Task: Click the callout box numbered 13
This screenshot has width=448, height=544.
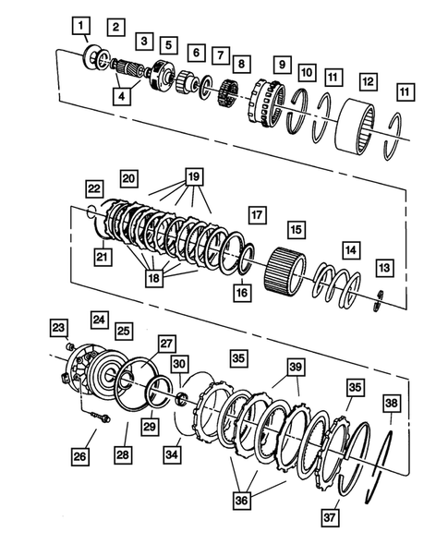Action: pyautogui.click(x=383, y=267)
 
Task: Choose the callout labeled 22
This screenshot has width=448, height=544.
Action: pyautogui.click(x=95, y=187)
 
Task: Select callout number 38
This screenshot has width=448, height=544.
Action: pyautogui.click(x=392, y=403)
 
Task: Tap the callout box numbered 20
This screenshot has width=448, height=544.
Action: pyautogui.click(x=127, y=176)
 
